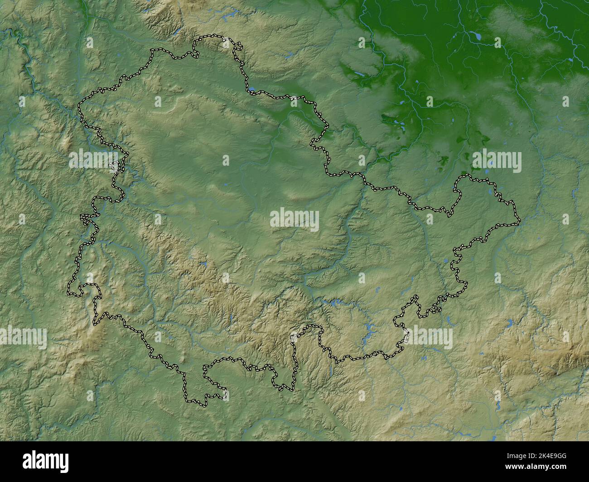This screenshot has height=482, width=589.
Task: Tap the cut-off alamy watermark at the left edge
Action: [23, 338]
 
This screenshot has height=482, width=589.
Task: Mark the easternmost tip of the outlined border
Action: [520, 221]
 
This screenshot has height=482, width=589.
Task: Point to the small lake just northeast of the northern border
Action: [288, 56]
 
